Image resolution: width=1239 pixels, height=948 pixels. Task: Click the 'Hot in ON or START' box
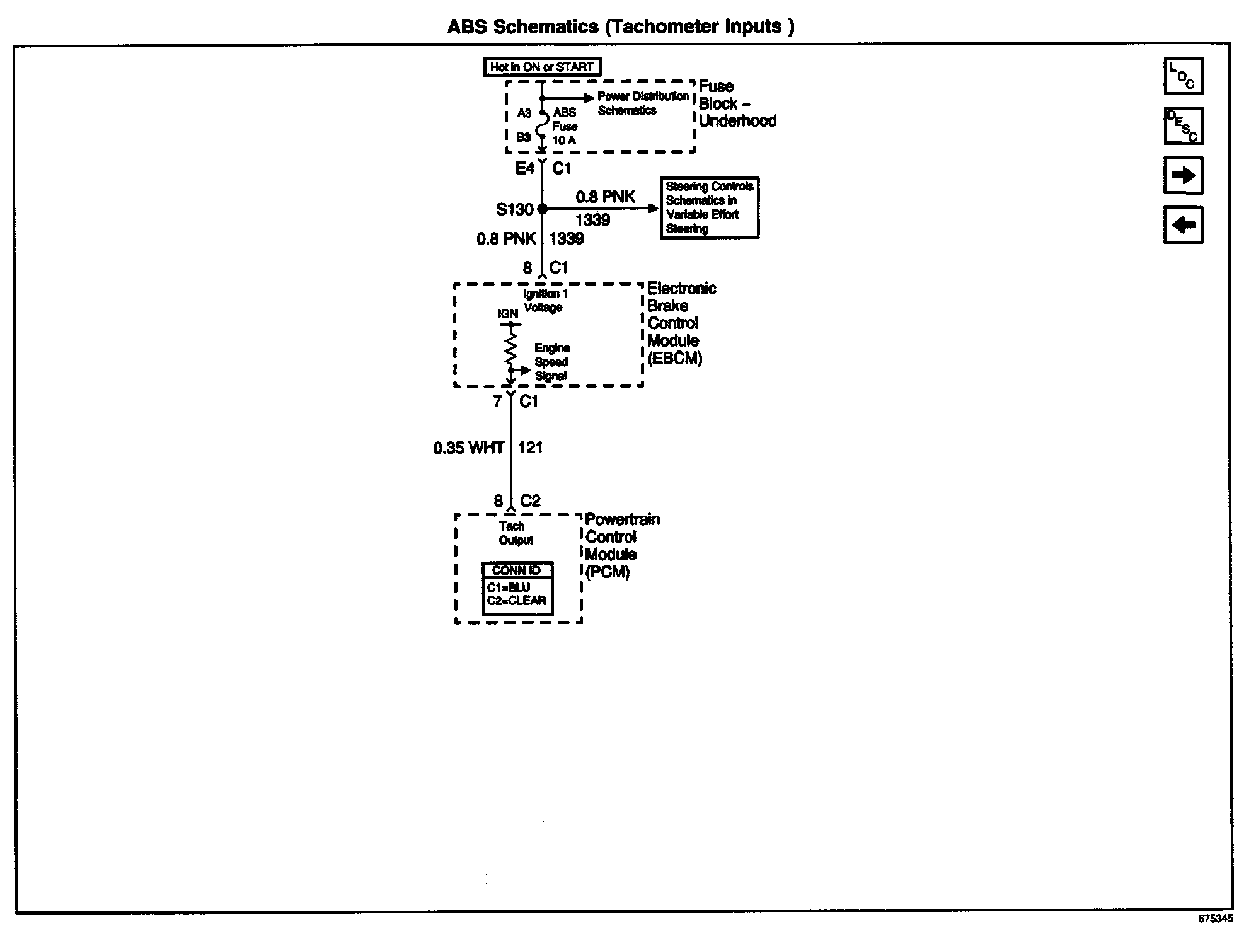coord(542,67)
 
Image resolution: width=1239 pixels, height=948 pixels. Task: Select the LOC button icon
coord(1183,76)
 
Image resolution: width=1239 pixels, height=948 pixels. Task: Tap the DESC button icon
coord(1183,126)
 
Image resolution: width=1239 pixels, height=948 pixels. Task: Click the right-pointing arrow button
coord(1183,175)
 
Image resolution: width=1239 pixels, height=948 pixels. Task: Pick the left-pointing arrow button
coord(1183,225)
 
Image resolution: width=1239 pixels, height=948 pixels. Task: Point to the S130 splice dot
coord(542,209)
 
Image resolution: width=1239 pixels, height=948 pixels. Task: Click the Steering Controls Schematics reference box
coord(709,207)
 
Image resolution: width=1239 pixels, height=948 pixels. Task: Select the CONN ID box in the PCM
coord(517,589)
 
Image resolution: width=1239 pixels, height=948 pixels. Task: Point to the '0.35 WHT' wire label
coord(468,448)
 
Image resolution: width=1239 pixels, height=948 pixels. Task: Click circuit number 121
coord(530,448)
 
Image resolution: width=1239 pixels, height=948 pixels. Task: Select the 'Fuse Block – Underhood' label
coord(737,104)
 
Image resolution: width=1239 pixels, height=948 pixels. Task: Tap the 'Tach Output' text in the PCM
coord(516,533)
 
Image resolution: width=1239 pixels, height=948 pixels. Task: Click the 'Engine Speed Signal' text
coord(551,362)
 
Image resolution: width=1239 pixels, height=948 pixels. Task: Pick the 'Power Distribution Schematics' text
coord(642,103)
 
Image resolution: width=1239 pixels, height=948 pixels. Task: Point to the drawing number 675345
coord(1215,919)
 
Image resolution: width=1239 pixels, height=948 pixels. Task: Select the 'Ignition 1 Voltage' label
coord(545,301)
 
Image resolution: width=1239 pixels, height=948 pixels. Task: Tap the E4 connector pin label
coord(524,168)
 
